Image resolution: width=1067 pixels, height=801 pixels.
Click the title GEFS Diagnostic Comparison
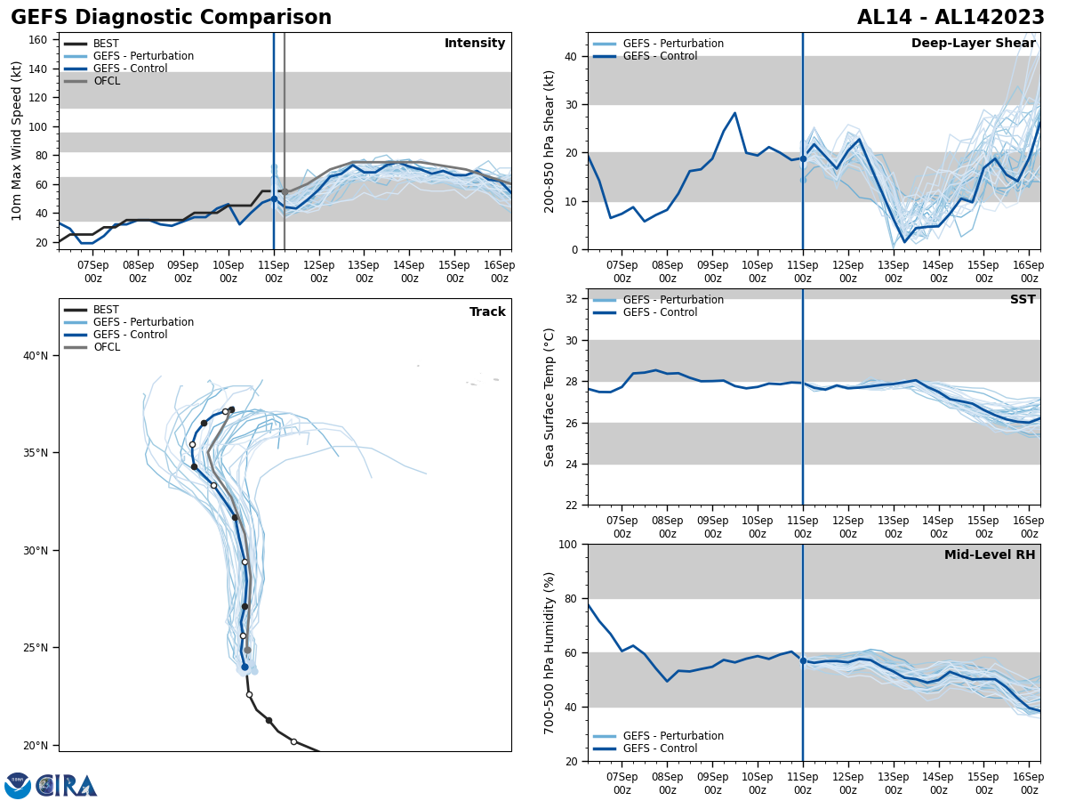(171, 18)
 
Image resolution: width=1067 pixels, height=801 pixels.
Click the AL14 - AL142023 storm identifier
(951, 18)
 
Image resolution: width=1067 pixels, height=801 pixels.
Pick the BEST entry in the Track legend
(106, 310)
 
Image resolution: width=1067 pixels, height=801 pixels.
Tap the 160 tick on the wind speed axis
(38, 40)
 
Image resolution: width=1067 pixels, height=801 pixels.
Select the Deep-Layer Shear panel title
(973, 44)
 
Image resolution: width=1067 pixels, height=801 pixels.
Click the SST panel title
(1023, 300)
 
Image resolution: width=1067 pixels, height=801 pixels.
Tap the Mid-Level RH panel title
(990, 555)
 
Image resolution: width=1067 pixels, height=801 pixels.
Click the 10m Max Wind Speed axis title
(17, 141)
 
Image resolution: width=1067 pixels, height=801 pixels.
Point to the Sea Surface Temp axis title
(550, 397)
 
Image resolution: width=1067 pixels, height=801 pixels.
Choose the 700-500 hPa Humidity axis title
(550, 652)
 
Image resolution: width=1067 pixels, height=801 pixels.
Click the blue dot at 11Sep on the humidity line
(803, 660)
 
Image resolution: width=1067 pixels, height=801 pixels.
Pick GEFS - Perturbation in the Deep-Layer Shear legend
(673, 44)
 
